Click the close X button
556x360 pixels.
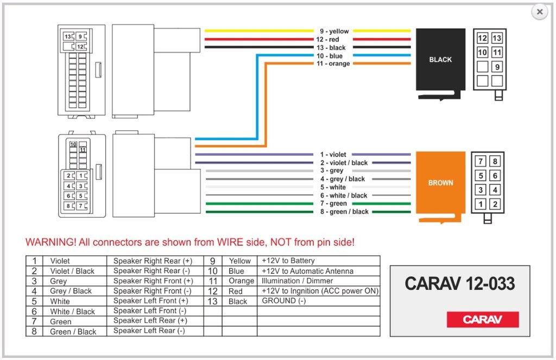539,12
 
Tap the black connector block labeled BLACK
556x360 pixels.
440,59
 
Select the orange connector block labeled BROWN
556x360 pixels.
440,182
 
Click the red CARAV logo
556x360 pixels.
483,319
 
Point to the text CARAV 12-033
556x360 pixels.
459,283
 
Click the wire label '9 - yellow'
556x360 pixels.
334,31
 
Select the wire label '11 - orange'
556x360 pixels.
333,64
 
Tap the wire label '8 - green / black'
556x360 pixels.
344,212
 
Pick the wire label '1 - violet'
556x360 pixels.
333,155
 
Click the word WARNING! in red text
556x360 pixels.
50,242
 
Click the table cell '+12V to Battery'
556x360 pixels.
288,261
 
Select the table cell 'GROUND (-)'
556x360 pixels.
283,301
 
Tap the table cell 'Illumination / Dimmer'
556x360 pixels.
297,281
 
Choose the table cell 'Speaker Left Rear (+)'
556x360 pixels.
150,320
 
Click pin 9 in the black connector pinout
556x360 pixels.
497,67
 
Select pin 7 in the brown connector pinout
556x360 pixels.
481,161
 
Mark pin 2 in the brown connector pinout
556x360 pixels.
495,204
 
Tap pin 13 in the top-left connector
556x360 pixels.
68,36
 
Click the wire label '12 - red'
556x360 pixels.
327,40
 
